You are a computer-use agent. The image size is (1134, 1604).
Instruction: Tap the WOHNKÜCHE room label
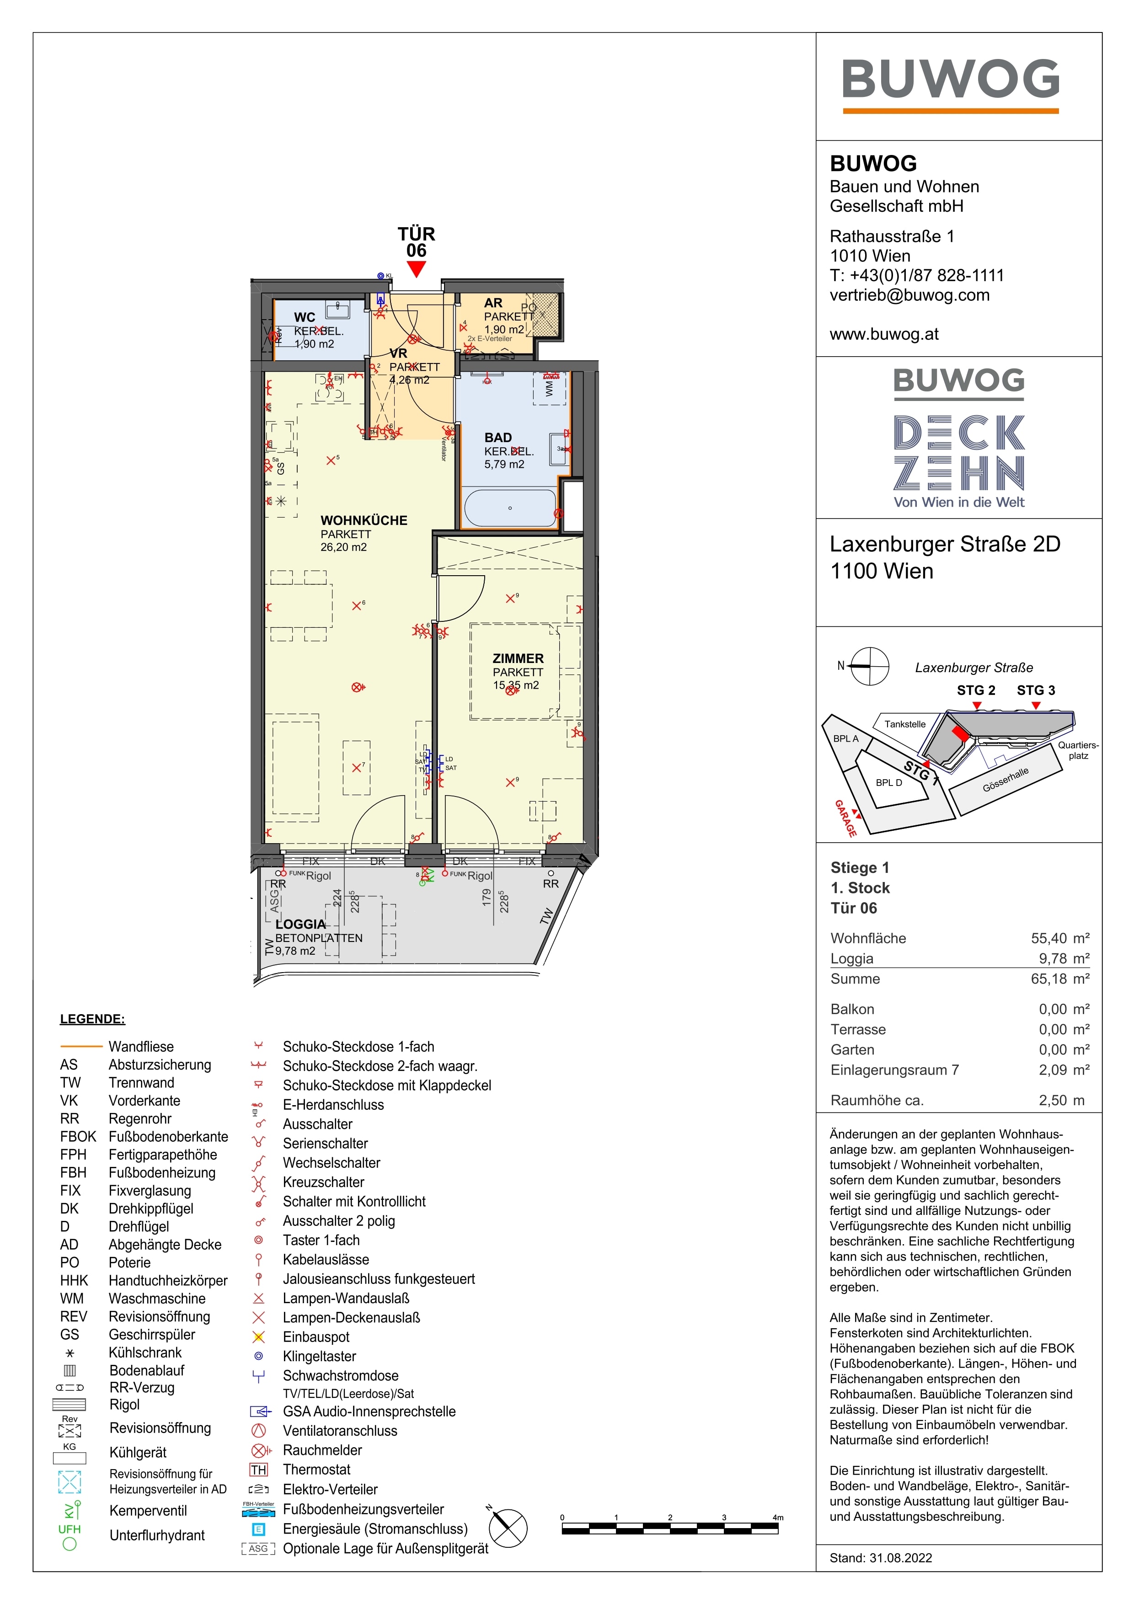(364, 520)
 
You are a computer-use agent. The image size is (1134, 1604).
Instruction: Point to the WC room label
(305, 317)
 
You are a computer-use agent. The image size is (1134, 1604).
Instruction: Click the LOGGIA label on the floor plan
(300, 924)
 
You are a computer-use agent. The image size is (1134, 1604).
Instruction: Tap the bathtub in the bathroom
(510, 508)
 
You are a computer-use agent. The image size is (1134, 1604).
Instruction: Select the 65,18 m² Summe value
(1059, 979)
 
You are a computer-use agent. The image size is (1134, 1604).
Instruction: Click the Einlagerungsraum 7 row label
(894, 1069)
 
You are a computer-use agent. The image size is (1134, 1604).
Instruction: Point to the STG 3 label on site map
(1036, 690)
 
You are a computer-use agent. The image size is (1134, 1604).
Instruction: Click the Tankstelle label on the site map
(905, 724)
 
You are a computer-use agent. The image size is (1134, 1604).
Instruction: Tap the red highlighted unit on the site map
(961, 733)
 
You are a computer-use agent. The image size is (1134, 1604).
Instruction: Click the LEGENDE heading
(92, 1019)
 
